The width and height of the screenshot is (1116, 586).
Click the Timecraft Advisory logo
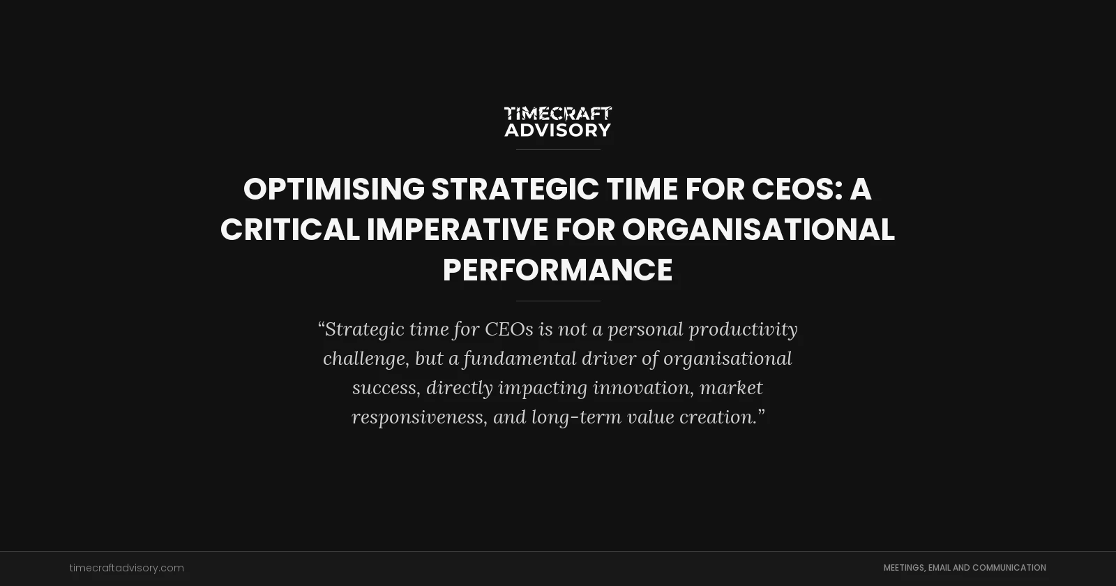coord(558,121)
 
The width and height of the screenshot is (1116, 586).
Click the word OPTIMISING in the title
coord(333,190)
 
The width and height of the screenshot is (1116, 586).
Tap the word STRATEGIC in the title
coord(515,190)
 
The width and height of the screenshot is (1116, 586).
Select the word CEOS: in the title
coord(797,190)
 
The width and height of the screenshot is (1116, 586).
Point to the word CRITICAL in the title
coord(289,230)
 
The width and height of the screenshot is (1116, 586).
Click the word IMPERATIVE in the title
coord(458,230)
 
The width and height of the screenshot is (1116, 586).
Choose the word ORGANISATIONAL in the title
coord(758,230)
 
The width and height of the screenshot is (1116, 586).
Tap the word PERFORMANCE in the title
coord(558,271)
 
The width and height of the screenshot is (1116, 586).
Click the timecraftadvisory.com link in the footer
coord(127,568)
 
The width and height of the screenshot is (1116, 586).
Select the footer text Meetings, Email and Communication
coord(965,568)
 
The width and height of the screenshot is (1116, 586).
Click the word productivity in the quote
coord(743,329)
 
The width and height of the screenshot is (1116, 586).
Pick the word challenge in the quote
coord(365,359)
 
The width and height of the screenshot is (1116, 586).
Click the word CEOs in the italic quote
coord(508,329)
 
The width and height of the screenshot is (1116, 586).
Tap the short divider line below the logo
coord(558,149)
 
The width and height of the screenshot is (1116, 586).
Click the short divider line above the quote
coord(558,301)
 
